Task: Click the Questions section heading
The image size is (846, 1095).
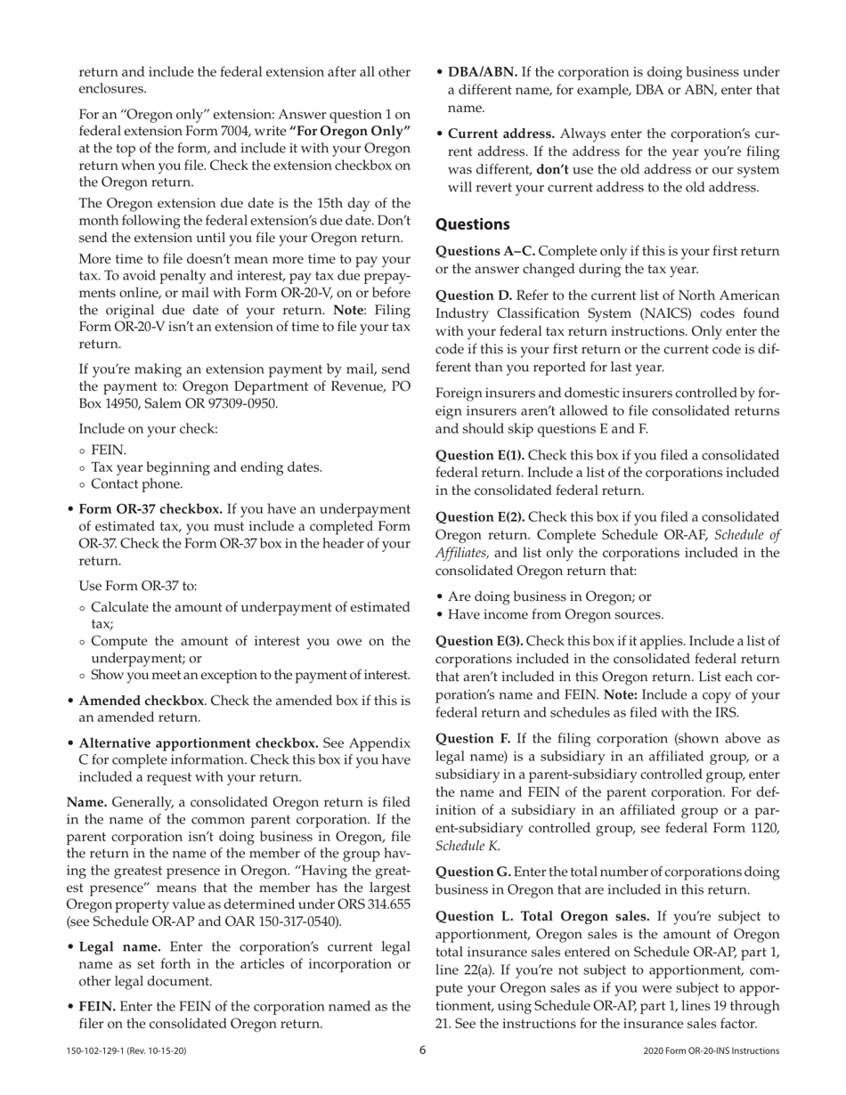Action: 472,224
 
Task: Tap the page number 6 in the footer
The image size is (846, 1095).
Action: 423,1050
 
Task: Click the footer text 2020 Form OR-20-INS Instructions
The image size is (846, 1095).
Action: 711,1051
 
